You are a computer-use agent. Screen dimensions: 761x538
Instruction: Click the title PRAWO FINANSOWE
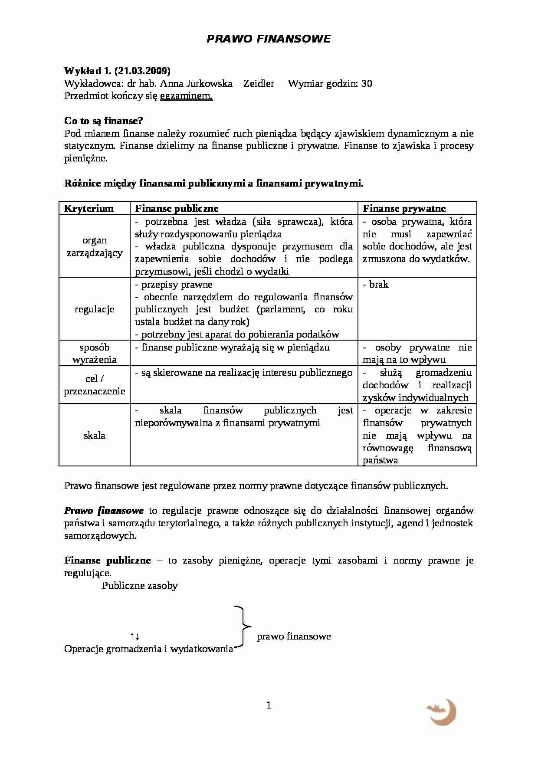coord(269,39)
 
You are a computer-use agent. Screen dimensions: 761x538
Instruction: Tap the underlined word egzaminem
coord(186,96)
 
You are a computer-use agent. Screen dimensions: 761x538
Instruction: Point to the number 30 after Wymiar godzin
coord(367,83)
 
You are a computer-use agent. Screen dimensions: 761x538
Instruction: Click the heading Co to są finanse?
coord(104,121)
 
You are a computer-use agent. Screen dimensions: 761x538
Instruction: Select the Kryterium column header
coord(89,208)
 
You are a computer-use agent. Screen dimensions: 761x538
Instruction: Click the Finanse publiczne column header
coord(177,208)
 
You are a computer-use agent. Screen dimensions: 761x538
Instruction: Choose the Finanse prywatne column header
coord(404,208)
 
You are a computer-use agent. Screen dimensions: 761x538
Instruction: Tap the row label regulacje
coord(94,309)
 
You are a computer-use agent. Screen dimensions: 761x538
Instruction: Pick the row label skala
coord(94,435)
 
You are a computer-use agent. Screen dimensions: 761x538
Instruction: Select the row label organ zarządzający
coord(94,246)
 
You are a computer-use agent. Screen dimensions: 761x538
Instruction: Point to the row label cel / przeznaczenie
coord(94,385)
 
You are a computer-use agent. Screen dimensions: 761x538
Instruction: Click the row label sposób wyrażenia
coord(94,353)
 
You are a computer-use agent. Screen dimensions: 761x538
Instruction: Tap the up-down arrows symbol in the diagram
coord(134,636)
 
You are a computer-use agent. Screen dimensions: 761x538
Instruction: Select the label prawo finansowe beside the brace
coord(294,636)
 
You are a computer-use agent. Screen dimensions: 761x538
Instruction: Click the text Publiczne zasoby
coord(140,586)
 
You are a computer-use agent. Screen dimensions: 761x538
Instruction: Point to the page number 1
coord(269,705)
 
